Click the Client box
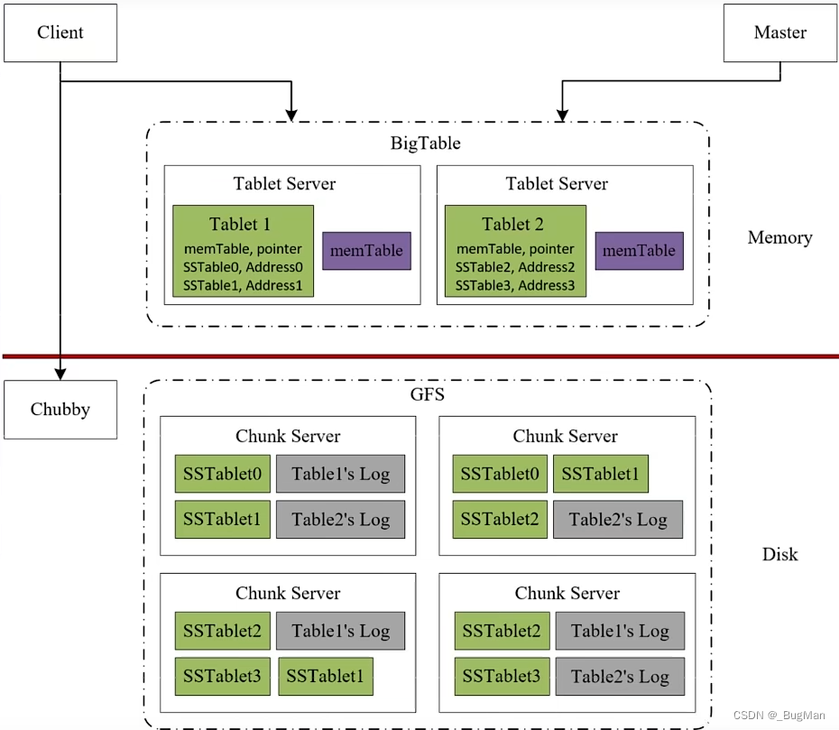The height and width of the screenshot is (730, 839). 60,32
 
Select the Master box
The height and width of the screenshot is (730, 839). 780,32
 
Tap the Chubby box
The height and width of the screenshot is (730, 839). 60,410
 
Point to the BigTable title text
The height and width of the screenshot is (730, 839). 426,143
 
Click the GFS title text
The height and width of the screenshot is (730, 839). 427,394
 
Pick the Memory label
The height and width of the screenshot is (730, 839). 779,237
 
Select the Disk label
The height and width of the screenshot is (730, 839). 779,554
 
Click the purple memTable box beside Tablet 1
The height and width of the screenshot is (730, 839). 366,251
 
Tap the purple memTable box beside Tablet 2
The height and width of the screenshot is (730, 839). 640,251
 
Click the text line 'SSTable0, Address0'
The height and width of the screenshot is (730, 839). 243,267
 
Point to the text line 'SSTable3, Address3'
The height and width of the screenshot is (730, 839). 515,285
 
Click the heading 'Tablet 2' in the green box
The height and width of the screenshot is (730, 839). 512,224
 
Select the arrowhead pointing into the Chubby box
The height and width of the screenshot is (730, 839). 60,374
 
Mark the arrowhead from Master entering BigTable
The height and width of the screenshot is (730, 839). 562,116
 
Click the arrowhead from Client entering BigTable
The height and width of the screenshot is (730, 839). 291,116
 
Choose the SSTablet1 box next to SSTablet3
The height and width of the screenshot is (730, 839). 326,677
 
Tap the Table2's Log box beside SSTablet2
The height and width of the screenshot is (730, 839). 618,519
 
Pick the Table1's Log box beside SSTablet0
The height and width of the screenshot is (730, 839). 340,474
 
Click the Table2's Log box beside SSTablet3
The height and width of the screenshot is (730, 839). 620,677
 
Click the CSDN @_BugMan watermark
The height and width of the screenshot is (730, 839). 779,716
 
